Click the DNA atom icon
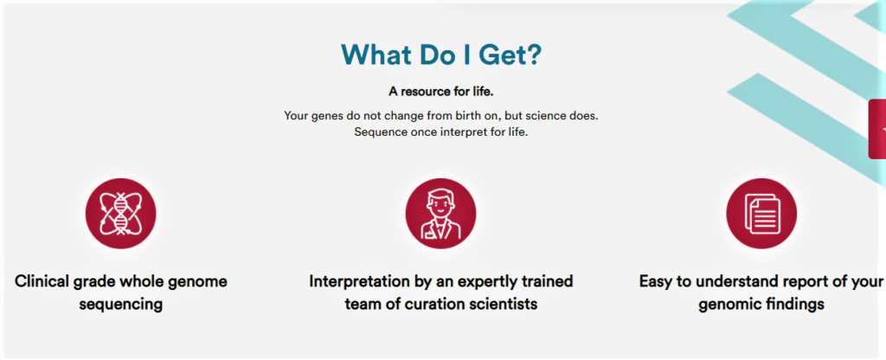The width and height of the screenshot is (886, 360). pyautogui.click(x=120, y=214)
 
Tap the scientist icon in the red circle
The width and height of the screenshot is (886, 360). pyautogui.click(x=440, y=214)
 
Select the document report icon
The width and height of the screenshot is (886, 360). pyautogui.click(x=761, y=214)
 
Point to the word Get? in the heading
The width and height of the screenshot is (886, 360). pyautogui.click(x=510, y=55)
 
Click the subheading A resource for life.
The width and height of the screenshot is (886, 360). pyautogui.click(x=440, y=92)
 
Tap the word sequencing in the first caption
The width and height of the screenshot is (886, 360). pyautogui.click(x=120, y=305)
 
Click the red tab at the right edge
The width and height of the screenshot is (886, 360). pyautogui.click(x=877, y=129)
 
